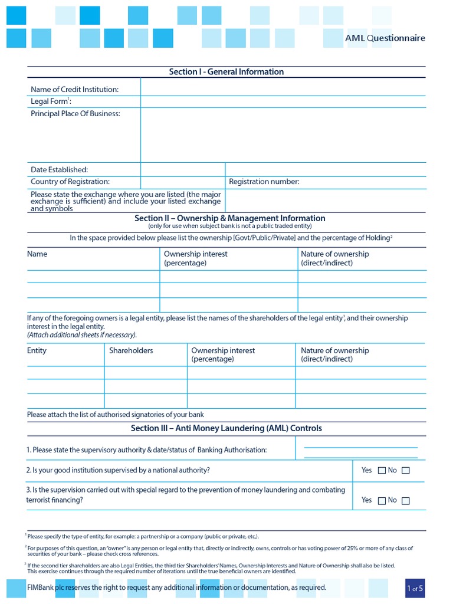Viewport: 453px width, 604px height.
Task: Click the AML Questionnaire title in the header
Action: point(385,38)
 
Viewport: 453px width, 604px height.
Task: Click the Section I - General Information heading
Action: point(226,72)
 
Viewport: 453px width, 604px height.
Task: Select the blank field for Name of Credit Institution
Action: point(283,89)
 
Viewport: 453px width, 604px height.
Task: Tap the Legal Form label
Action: point(51,101)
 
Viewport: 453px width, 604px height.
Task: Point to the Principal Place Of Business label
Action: point(75,113)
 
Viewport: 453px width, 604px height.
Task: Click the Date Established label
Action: point(59,170)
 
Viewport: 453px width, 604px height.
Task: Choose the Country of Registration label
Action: point(70,182)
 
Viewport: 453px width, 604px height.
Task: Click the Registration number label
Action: point(264,182)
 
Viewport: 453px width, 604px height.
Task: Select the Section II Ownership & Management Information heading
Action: point(229,218)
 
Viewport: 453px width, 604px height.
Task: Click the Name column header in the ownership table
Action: point(37,254)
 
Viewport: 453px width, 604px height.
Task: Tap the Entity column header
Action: point(37,350)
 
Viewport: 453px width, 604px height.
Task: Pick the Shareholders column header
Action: point(131,350)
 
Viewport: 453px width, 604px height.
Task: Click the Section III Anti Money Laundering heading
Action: point(226,428)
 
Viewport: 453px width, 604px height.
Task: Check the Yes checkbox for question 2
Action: point(382,471)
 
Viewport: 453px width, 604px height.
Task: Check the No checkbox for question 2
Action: point(405,471)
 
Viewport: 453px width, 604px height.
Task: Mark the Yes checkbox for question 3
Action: point(382,501)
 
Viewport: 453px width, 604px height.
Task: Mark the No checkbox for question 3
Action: point(405,501)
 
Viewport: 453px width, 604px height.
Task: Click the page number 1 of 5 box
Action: point(415,588)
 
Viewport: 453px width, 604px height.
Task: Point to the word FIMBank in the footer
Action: point(41,587)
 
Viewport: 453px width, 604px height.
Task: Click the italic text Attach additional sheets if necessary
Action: point(81,335)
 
